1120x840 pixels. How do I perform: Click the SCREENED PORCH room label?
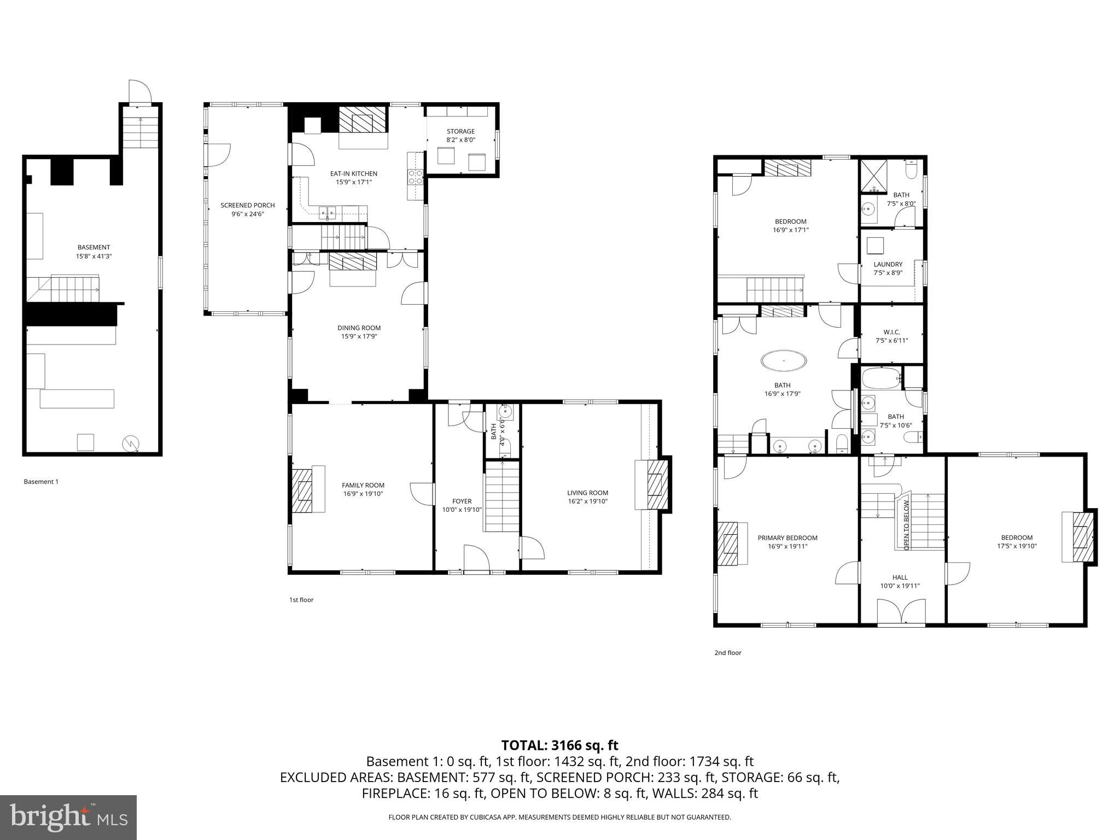pos(247,205)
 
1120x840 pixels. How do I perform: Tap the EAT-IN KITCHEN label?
pos(353,173)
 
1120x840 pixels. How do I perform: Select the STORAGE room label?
pos(460,131)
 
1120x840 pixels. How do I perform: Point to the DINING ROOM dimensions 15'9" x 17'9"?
pos(359,336)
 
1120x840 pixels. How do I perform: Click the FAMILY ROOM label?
pos(363,485)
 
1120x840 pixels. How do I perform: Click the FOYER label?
pos(462,501)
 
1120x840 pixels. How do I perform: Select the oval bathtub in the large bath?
pos(783,361)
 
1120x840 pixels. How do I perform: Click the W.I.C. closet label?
pos(891,332)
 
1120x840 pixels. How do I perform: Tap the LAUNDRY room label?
pos(888,264)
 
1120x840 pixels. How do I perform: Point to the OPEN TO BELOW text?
pos(906,525)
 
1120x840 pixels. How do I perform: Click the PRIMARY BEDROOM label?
pos(787,538)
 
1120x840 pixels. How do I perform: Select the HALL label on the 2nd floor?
pos(900,577)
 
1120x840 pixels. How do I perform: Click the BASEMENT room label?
pos(94,247)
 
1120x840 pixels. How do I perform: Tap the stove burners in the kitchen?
pos(415,177)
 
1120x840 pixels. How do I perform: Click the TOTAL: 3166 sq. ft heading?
pos(559,745)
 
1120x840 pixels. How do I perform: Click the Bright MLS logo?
pos(68,817)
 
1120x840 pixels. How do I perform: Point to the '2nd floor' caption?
pos(727,652)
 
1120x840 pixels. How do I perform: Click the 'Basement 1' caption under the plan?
pos(40,482)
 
